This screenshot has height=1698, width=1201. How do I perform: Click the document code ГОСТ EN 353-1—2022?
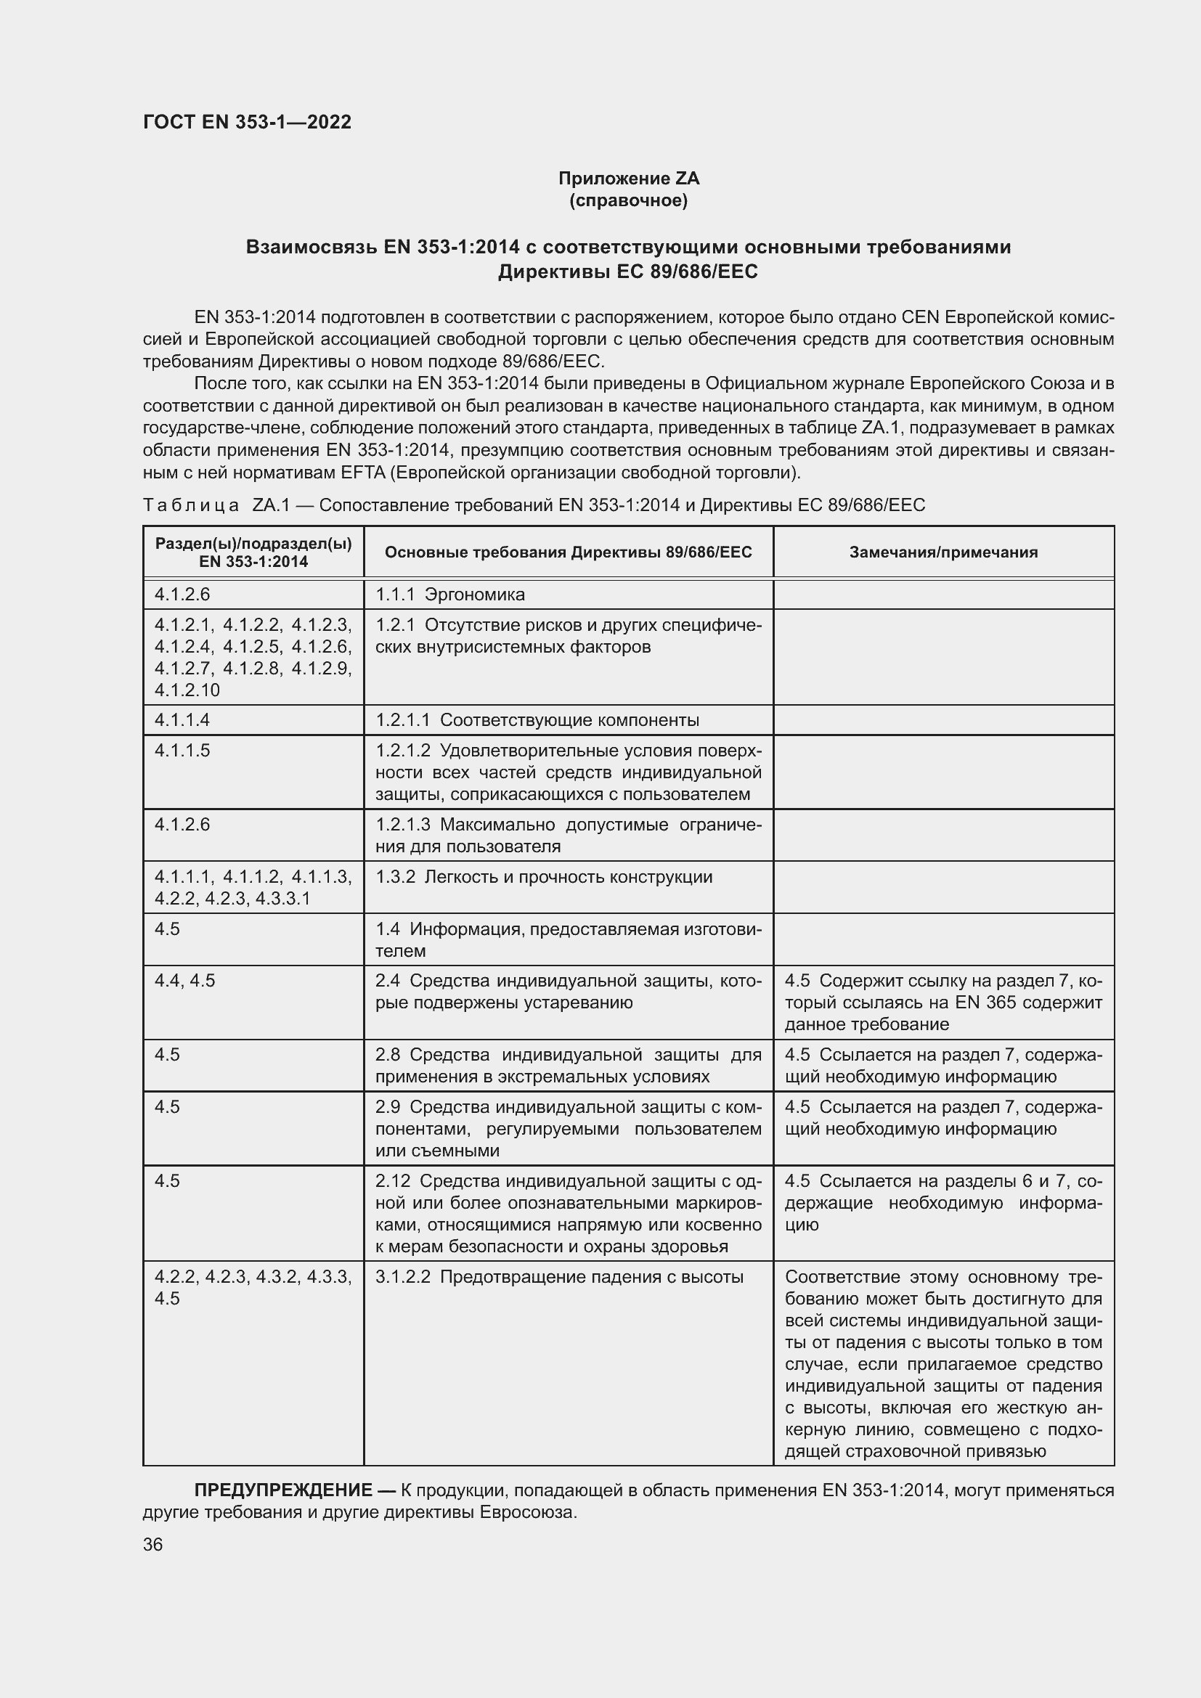[x=247, y=122]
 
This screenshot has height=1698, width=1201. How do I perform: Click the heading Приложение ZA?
[x=628, y=179]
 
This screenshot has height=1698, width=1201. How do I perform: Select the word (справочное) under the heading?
[x=628, y=200]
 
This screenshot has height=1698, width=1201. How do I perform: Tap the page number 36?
[x=153, y=1544]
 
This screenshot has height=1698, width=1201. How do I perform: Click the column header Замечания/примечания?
[x=943, y=552]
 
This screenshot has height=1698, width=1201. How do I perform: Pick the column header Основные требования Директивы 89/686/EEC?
[x=568, y=552]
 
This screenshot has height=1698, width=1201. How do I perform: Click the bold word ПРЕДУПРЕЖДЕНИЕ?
[x=283, y=1490]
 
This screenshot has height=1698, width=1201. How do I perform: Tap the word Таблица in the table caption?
[x=191, y=505]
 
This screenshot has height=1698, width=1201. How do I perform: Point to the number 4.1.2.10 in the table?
[x=187, y=690]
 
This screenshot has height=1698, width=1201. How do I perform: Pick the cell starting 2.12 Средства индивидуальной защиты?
[x=568, y=1213]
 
